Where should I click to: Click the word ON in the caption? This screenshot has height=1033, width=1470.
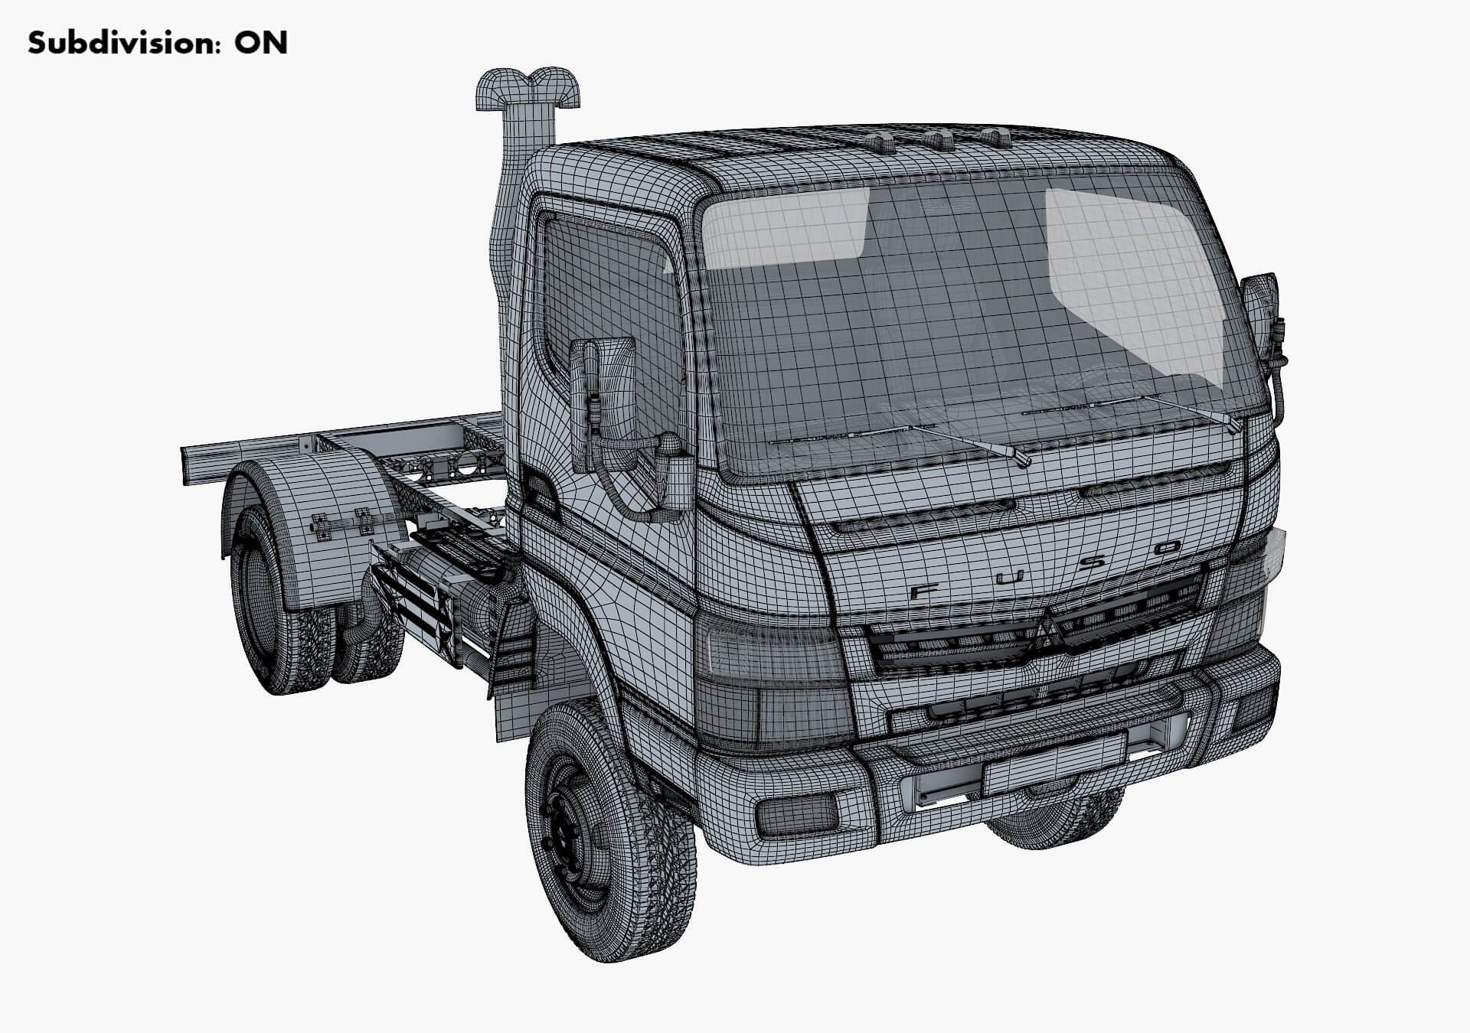point(261,43)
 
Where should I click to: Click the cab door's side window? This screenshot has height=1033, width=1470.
point(605,298)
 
